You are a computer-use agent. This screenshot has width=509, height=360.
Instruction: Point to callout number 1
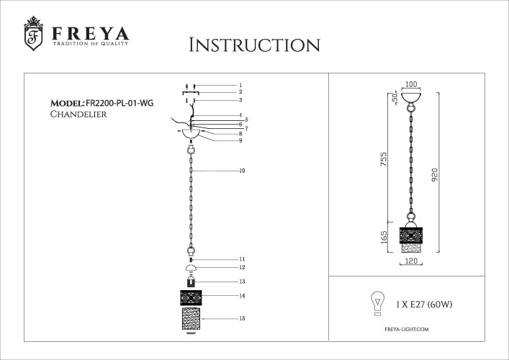[240, 85]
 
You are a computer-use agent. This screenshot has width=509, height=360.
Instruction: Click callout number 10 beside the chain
[242, 171]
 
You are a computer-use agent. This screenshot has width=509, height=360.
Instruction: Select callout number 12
[242, 267]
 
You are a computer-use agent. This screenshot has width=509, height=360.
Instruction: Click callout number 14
[242, 296]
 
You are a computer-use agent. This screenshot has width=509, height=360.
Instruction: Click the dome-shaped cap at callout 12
[192, 268]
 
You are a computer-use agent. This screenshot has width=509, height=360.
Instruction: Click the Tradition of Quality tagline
[90, 45]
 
